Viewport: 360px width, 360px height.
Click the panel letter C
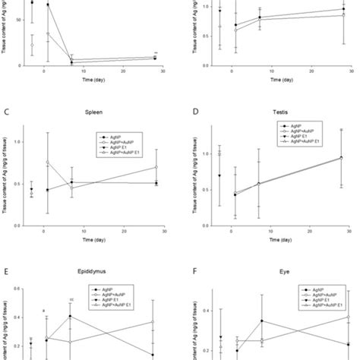[6, 112]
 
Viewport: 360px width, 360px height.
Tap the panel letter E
[6, 269]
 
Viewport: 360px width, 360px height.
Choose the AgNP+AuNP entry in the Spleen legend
[122, 142]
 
